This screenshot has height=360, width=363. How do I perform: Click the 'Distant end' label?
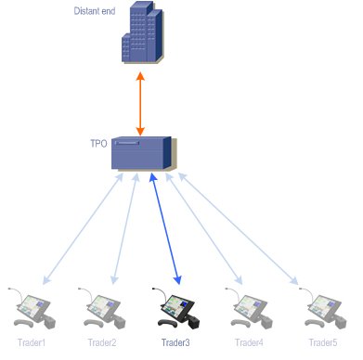(x=95, y=11)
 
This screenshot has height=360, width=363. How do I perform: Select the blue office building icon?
(x=142, y=32)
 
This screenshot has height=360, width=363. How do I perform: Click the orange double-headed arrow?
(x=140, y=104)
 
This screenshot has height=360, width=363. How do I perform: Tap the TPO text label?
(x=98, y=144)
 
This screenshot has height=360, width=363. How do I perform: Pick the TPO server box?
(x=144, y=153)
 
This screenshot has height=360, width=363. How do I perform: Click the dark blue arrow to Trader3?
(x=165, y=228)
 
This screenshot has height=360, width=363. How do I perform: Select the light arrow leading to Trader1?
(x=83, y=228)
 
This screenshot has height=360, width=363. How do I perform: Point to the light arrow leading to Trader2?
(x=125, y=228)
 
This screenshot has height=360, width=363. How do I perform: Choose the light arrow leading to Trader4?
(x=204, y=228)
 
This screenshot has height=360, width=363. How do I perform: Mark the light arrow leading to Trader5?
(x=239, y=228)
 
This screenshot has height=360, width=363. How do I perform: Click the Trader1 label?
(x=32, y=342)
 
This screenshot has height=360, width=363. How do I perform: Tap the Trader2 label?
(x=102, y=342)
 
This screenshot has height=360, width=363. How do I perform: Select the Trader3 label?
(x=175, y=342)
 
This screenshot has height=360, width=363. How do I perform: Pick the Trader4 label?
(x=249, y=342)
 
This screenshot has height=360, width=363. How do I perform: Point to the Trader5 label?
(x=323, y=342)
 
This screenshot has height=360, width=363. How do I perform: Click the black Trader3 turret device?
(x=176, y=309)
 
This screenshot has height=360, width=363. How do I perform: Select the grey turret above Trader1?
(x=32, y=309)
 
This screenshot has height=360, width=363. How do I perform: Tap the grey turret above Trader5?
(x=323, y=309)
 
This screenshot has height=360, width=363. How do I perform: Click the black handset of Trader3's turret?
(x=167, y=324)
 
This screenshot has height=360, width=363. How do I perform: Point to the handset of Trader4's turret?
(x=240, y=324)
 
